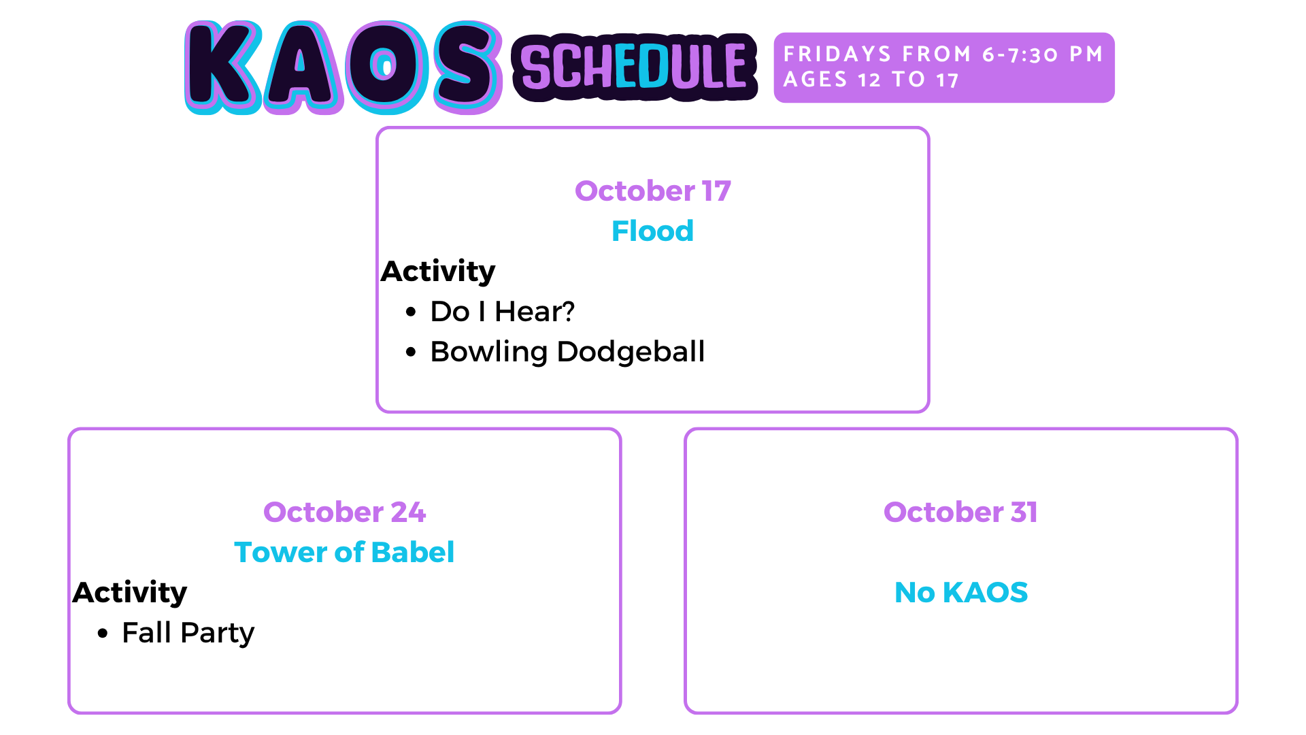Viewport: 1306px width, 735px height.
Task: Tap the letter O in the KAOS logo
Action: point(384,67)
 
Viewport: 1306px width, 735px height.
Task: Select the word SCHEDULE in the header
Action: point(634,67)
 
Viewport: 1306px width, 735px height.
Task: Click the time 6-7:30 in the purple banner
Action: point(1020,54)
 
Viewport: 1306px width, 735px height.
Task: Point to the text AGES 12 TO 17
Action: point(871,80)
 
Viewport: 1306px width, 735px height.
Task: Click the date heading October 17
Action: point(653,191)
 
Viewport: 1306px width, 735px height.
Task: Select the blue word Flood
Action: point(653,231)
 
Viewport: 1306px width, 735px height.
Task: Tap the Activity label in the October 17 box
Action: point(438,272)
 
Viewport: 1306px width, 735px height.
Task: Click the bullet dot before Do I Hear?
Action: point(410,312)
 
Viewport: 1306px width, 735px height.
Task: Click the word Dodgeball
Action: point(631,352)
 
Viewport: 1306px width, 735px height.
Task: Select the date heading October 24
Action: point(345,512)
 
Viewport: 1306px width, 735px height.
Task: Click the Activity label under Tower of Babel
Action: point(130,593)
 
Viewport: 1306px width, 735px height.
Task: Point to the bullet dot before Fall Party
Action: point(102,634)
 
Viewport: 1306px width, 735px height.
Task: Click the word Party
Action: point(218,634)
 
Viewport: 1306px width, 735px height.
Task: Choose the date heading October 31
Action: point(961,512)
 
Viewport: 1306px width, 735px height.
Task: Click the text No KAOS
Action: point(961,592)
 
